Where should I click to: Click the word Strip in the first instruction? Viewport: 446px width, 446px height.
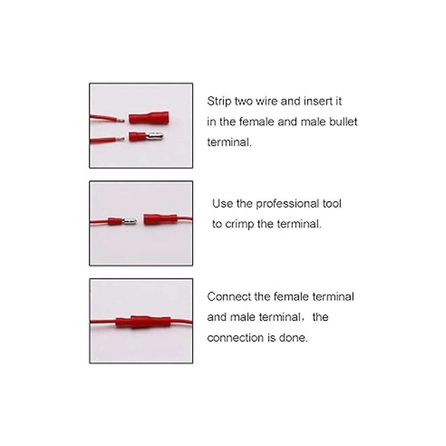point(219,101)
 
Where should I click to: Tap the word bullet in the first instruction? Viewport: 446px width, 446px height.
point(343,122)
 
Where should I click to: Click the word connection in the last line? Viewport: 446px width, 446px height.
point(235,338)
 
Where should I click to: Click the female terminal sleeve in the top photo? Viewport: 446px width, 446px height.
point(149,118)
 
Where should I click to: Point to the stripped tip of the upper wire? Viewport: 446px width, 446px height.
point(121,120)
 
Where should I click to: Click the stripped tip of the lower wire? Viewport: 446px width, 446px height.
point(121,139)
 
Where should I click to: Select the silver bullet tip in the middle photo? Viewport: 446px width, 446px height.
point(130,222)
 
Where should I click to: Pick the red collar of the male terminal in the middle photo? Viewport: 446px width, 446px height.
point(115,222)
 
